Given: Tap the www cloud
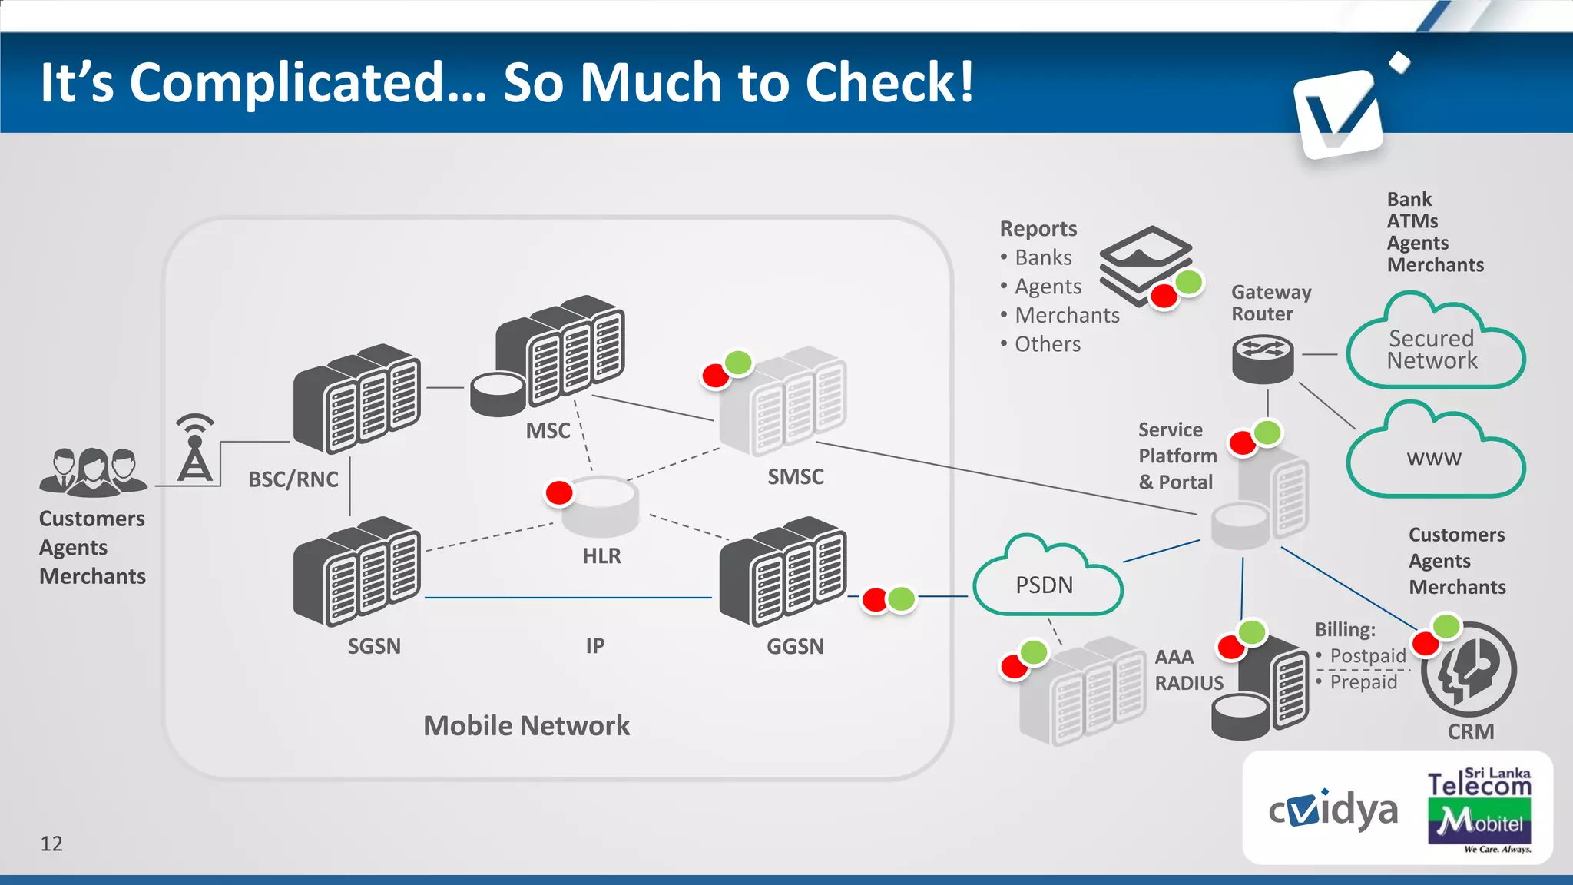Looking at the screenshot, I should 1435,456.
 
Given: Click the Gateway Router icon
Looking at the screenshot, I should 1263,358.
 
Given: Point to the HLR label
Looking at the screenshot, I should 601,555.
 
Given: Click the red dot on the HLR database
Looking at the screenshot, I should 559,492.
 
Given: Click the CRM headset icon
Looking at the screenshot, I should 1469,669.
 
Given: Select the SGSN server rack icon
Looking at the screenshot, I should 357,571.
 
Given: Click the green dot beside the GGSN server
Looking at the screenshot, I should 902,598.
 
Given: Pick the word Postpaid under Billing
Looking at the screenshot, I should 1367,655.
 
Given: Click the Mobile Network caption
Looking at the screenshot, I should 526,725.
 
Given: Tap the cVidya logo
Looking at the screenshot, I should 1333,810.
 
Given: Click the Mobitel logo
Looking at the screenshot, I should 1479,822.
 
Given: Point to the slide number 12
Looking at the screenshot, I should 51,844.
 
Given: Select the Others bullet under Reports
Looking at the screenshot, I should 1047,344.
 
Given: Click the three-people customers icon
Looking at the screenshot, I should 93,471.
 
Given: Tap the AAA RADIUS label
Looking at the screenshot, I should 1188,670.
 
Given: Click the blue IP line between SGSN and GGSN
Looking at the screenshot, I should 568,597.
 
